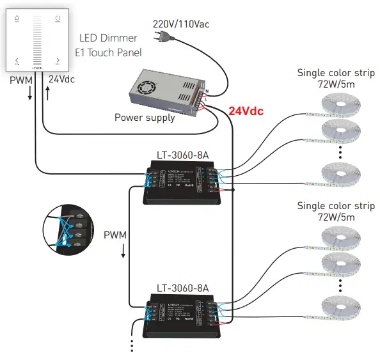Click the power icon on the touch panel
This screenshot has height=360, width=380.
pos(58,19)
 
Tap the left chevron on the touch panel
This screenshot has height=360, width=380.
pos(17,61)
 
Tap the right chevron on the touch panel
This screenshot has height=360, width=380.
pos(58,61)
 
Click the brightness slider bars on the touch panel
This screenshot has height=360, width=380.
pos(37,39)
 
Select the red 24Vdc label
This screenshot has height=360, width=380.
pos(246,111)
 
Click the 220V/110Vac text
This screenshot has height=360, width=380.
pos(180,24)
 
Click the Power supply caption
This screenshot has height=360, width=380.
pos(144,118)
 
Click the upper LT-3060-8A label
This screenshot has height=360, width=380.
pos(182,155)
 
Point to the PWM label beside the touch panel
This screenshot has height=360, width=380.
pos(20,81)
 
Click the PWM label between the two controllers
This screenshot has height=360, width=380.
pos(115,235)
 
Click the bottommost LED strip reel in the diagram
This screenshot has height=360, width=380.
pos(339,308)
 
